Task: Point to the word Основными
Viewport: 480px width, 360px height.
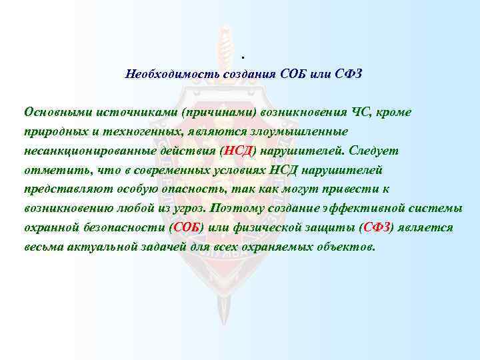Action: (x=55, y=111)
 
